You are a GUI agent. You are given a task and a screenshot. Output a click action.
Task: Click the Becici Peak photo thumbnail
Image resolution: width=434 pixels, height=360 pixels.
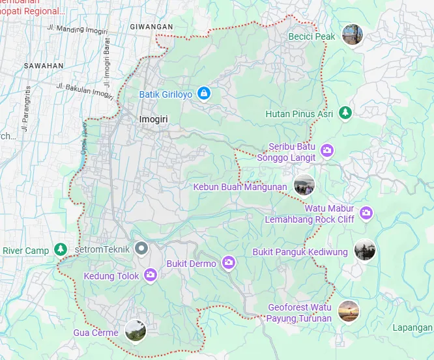click(x=353, y=36)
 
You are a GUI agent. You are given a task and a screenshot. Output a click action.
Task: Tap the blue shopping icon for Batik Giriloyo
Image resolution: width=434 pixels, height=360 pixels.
click(x=205, y=94)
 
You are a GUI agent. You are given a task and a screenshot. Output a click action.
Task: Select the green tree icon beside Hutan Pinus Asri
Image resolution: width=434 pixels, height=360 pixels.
click(x=345, y=113)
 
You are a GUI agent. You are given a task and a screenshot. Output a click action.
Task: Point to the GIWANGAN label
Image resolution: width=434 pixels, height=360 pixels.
click(x=151, y=27)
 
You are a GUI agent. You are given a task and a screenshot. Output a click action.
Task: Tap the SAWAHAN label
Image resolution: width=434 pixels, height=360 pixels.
click(x=43, y=66)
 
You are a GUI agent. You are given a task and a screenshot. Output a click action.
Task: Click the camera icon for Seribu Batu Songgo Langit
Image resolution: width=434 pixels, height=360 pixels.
click(x=327, y=151)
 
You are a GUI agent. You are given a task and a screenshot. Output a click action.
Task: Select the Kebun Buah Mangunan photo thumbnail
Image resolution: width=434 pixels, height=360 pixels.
click(x=304, y=186)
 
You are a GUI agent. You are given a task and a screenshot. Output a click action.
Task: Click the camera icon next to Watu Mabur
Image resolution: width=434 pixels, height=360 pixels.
click(x=366, y=212)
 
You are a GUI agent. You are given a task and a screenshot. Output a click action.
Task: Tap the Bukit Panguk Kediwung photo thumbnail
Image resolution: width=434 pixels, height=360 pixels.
click(x=365, y=250)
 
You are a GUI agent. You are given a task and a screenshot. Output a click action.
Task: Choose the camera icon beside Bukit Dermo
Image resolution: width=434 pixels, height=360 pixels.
click(x=228, y=262)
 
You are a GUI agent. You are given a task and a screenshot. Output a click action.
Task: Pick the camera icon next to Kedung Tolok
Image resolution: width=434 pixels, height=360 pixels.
click(x=151, y=275)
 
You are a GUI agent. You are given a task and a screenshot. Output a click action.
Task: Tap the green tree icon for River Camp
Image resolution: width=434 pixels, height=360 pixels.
click(x=61, y=249)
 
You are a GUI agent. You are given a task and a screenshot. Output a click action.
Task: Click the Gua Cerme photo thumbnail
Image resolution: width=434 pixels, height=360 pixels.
click(x=135, y=331)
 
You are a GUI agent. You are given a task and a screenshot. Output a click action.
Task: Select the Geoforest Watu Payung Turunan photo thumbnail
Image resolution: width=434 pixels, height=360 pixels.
click(x=349, y=311)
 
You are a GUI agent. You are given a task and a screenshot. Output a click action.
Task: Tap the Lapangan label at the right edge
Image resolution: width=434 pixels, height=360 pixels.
click(x=413, y=327)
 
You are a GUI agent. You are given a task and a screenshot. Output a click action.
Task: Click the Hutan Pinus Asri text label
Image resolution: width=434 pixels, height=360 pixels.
click(x=299, y=114)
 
